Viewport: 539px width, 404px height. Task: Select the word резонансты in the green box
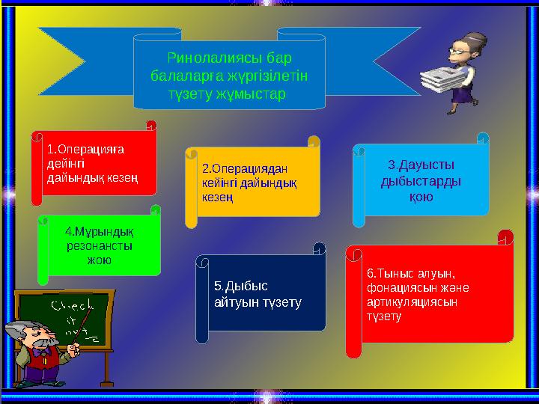click(100, 245)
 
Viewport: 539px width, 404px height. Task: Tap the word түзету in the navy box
click(278, 302)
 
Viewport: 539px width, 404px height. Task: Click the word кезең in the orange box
click(216, 197)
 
